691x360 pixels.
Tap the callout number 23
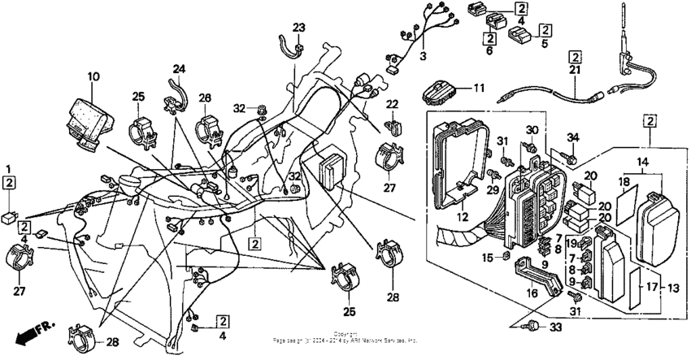pos(298,28)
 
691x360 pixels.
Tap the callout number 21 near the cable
pos(575,72)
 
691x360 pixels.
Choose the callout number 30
pos(532,130)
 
